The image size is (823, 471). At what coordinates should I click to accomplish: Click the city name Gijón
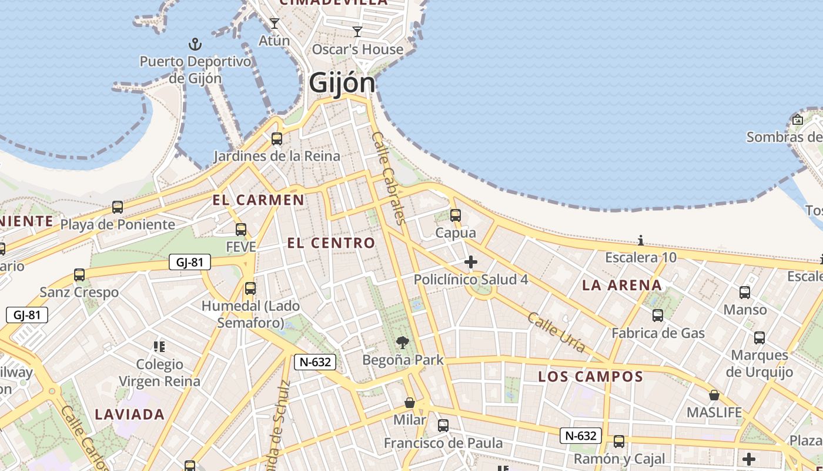click(x=342, y=82)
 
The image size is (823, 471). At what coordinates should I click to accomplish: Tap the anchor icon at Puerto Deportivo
click(x=195, y=44)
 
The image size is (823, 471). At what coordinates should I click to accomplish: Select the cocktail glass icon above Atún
click(x=274, y=24)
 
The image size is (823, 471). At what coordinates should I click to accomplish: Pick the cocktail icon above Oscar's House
click(x=357, y=31)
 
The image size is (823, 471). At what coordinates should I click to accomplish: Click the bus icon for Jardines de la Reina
click(x=276, y=139)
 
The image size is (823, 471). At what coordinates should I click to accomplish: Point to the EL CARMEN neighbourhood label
click(x=259, y=200)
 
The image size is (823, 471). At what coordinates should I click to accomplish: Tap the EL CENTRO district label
click(x=331, y=243)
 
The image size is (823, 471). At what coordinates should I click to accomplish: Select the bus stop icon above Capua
click(x=455, y=215)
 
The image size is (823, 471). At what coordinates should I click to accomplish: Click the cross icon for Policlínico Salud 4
click(x=471, y=262)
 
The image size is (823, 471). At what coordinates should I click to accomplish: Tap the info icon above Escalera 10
click(x=641, y=240)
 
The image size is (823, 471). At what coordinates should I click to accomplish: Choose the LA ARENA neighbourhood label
click(x=622, y=286)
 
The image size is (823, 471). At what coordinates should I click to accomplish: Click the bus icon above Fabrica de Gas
click(x=658, y=316)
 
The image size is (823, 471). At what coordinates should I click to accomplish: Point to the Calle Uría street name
click(x=556, y=332)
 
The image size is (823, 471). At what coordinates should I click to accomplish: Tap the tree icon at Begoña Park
click(x=403, y=342)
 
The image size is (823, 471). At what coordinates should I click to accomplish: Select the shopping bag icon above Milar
click(x=410, y=403)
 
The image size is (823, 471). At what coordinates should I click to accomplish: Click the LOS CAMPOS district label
click(x=591, y=376)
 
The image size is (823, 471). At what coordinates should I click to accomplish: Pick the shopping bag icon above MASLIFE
click(x=714, y=395)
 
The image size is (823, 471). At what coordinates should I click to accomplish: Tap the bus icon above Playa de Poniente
click(x=118, y=207)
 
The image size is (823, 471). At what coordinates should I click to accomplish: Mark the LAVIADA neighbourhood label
click(x=130, y=414)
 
